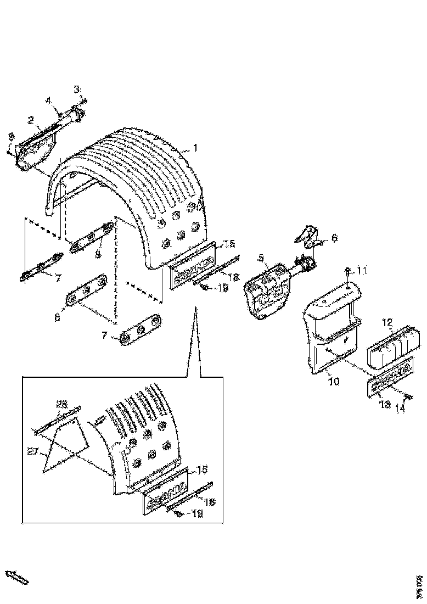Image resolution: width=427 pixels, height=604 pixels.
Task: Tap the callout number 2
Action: tap(31, 120)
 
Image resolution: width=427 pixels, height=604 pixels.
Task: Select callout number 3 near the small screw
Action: tap(77, 89)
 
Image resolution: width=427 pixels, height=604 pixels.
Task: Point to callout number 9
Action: tap(10, 136)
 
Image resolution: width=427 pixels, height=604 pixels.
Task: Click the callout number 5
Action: tap(261, 257)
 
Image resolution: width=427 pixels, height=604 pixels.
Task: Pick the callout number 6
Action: tap(334, 238)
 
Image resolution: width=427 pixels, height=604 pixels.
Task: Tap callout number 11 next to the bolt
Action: tap(362, 271)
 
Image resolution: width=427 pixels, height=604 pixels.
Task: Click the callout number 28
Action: tap(62, 404)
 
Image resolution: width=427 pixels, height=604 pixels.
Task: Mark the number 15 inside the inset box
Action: tap(201, 469)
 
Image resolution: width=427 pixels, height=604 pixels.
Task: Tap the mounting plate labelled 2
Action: tap(36, 148)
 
